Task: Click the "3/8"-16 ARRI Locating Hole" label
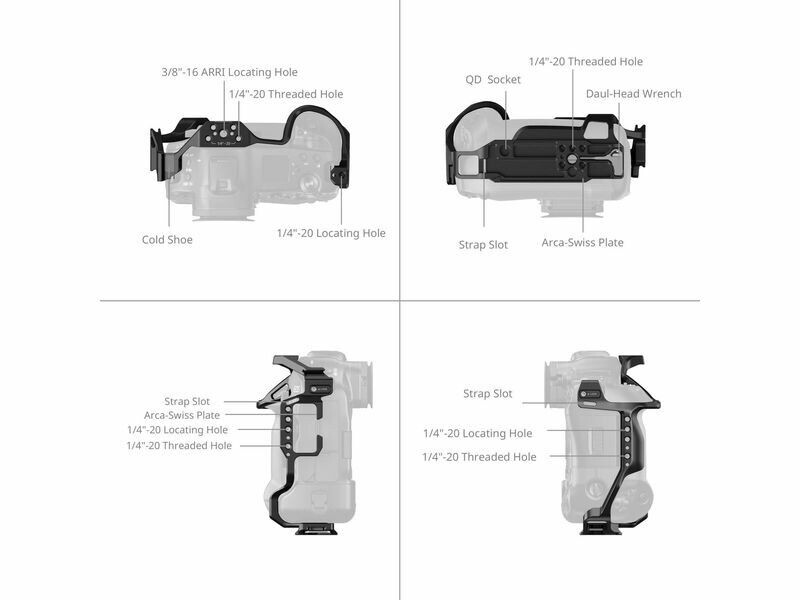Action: pos(230,72)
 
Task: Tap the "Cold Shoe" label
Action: pos(167,239)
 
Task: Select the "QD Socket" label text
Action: pos(493,80)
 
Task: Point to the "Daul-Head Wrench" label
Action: pos(633,94)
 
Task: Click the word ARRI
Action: pos(216,72)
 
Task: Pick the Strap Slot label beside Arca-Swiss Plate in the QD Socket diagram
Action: pos(483,245)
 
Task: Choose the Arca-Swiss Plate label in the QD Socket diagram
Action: pos(583,242)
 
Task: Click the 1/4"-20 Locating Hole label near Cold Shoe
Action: pos(331,233)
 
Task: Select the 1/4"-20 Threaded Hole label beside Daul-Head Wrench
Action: pos(586,62)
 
